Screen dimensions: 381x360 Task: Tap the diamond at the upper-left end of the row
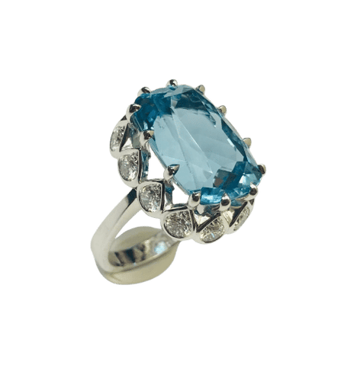click(x=121, y=138)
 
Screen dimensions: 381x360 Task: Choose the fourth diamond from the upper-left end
click(x=178, y=222)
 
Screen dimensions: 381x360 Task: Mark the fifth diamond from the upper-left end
click(x=214, y=227)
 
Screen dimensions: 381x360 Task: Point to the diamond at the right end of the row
click(x=243, y=215)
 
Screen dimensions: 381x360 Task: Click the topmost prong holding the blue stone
click(x=173, y=82)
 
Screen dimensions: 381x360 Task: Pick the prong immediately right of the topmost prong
click(x=201, y=88)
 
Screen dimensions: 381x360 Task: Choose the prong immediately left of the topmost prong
click(x=143, y=91)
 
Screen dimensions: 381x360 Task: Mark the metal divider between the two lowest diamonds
click(x=197, y=227)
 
